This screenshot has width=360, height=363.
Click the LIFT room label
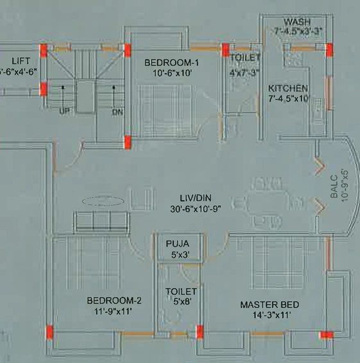pos(21,61)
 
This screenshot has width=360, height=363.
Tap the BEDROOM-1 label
pos(172,63)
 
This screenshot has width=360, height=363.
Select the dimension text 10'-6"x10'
pos(172,73)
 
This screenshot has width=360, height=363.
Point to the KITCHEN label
pos(288,89)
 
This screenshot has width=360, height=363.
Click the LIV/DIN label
pos(196,198)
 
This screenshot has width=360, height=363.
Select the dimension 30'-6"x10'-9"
pos(196,209)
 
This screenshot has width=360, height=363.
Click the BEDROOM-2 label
pos(114,301)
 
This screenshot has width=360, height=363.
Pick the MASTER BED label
pos(270,305)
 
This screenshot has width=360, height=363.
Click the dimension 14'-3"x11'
pos(271,315)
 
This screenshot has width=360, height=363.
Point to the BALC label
pos(334,187)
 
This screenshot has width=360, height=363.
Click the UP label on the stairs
pos(64,112)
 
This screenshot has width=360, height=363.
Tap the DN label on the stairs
pos(117,112)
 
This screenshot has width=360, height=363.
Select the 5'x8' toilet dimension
pos(182,301)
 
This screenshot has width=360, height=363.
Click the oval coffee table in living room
pos(103,201)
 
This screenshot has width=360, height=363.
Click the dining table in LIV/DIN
pos(268,204)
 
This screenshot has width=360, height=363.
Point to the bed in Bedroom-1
pos(165,112)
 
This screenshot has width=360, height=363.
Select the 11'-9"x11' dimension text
pos(113,312)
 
